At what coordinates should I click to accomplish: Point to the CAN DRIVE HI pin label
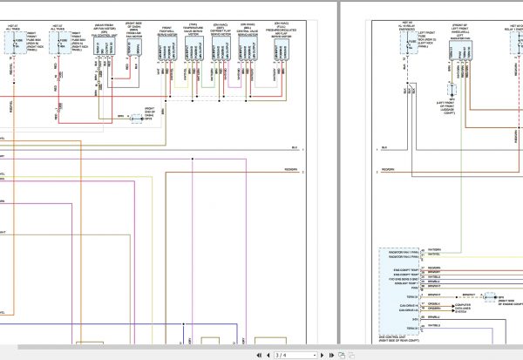[404, 302]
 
